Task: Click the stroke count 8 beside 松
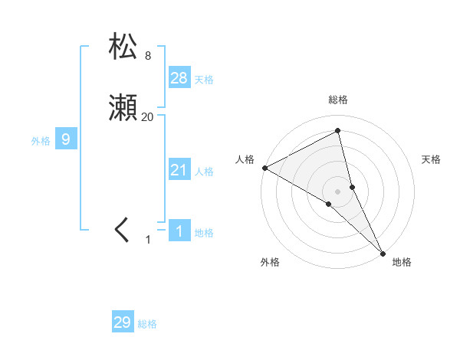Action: click(148, 55)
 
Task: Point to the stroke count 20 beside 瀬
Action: click(147, 116)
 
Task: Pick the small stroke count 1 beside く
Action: click(148, 240)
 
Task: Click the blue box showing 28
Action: click(179, 77)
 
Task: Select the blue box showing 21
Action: click(179, 169)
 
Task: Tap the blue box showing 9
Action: click(66, 139)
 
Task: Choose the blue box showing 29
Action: click(123, 322)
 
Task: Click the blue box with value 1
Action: click(179, 231)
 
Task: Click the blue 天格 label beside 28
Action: click(204, 80)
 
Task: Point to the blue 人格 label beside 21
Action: click(204, 172)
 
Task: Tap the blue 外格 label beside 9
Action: click(41, 141)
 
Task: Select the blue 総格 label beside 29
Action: click(147, 325)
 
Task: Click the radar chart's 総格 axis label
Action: click(338, 100)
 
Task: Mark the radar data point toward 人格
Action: click(264, 168)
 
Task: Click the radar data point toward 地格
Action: click(383, 252)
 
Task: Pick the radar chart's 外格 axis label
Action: click(270, 263)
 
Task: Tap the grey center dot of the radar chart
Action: click(338, 191)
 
